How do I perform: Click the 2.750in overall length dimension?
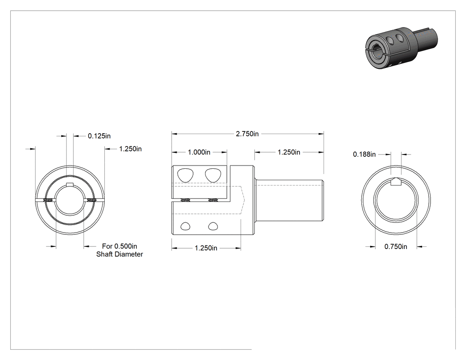pos(247,134)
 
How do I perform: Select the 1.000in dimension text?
pos(199,152)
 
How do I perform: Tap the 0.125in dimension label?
pos(99,136)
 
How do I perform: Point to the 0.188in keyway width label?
pos(364,154)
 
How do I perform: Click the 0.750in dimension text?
pos(396,246)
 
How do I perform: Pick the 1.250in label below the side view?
pos(206,248)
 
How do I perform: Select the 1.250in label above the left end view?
pos(130,149)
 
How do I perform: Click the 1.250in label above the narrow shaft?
pos(289,152)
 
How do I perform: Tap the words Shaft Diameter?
pos(119,254)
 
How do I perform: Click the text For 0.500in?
pos(119,246)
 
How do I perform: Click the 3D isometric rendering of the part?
pos(401,47)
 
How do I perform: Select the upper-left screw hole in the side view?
pos(185,175)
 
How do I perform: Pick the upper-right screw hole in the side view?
pos(213,175)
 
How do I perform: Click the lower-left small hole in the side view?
pos(186,226)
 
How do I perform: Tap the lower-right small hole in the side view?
pos(213,226)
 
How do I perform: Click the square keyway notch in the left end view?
pos(70,184)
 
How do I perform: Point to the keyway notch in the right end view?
pos(396,182)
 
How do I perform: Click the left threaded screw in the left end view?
pos(48,201)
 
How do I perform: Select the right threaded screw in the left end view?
pos(92,201)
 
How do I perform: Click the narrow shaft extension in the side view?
pos(289,200)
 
